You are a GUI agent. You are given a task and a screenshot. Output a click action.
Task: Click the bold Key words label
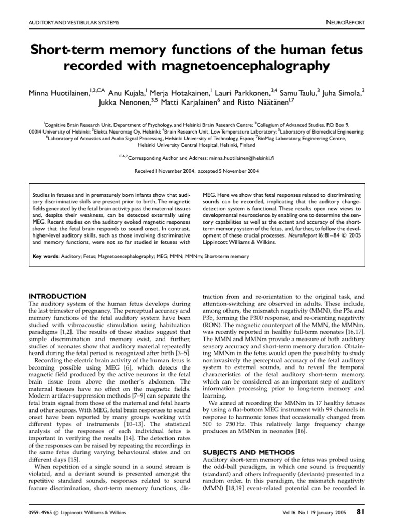(x=45, y=256)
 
